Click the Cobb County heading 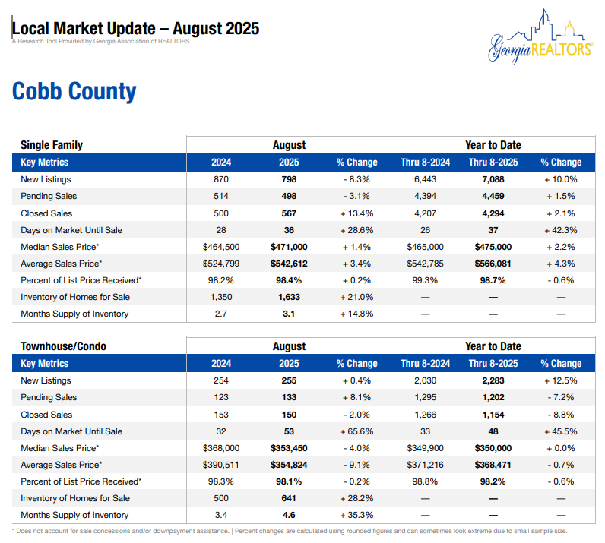pos(74,92)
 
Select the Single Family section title pos(52,145)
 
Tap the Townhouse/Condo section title pos(63,346)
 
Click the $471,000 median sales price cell pos(289,247)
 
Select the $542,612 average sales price pos(289,264)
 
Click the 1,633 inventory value pos(289,297)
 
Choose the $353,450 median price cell pos(289,448)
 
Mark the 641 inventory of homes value pos(289,498)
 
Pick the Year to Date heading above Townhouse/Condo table pos(493,346)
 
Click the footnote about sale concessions pos(290,531)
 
